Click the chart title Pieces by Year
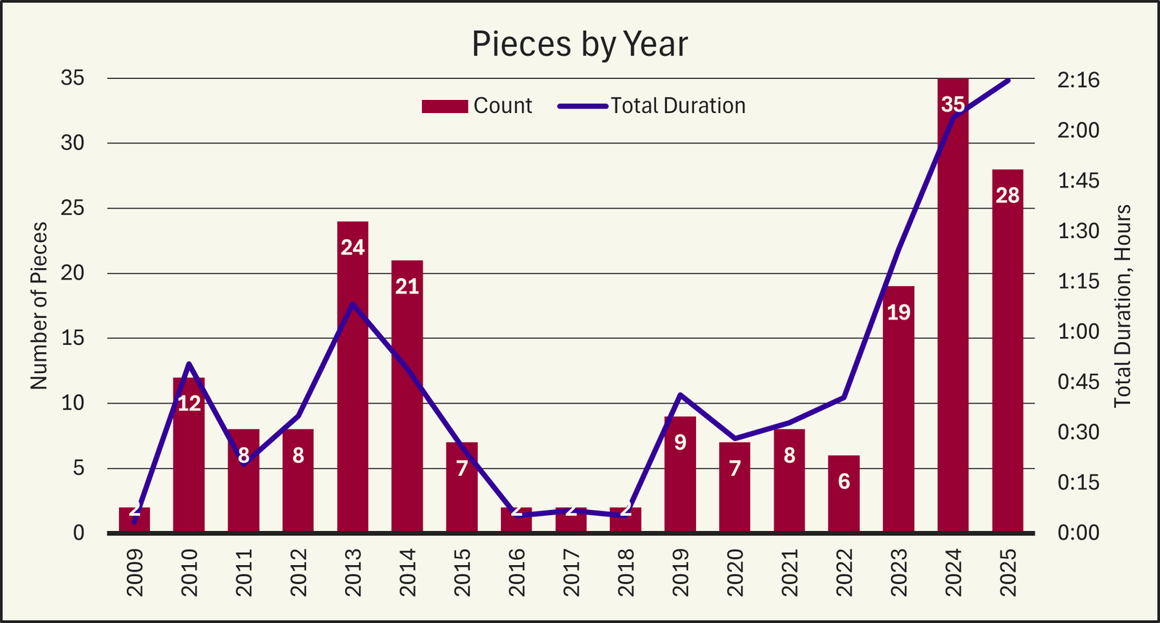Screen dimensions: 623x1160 [x=579, y=44]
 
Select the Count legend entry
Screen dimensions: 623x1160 [x=477, y=106]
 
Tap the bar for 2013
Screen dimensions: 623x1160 [x=352, y=377]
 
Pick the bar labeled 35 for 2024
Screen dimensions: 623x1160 [x=953, y=304]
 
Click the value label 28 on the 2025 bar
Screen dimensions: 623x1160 [x=1008, y=196]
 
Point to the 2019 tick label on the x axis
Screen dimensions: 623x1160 [x=680, y=572]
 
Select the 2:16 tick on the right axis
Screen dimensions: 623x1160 [x=1078, y=80]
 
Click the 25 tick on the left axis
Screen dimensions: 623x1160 [x=72, y=209]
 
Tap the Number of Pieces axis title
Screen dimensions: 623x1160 [x=39, y=306]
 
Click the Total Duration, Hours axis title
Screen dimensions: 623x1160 [x=1122, y=306]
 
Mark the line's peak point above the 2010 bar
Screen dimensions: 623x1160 [x=188, y=364]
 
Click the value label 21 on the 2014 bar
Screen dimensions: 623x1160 [x=407, y=287]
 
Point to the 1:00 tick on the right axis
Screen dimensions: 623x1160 [x=1078, y=332]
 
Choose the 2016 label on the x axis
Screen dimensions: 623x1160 [x=516, y=572]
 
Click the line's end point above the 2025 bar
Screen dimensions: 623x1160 [x=1008, y=80]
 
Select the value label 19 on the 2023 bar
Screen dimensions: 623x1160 [x=899, y=312]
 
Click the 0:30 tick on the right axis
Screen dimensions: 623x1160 [x=1078, y=432]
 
